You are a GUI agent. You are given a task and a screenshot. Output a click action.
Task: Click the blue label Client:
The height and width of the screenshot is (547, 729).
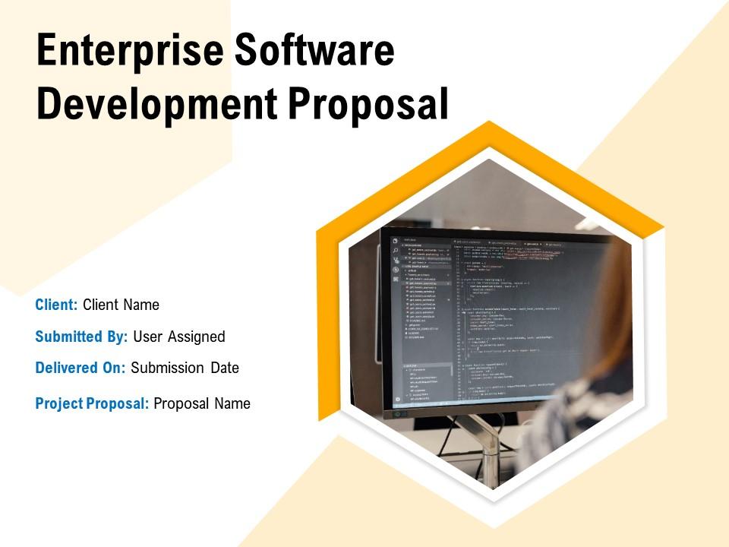click(57, 305)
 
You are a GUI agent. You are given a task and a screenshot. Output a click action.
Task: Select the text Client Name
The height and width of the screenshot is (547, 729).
click(121, 305)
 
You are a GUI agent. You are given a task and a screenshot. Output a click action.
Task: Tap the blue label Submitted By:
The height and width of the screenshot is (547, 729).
click(81, 337)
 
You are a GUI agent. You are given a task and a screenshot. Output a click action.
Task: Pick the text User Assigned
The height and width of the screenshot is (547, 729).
click(179, 337)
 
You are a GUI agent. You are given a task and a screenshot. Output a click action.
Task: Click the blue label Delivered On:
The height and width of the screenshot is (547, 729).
click(80, 368)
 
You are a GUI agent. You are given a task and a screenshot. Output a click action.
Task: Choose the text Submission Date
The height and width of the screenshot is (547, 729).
click(185, 368)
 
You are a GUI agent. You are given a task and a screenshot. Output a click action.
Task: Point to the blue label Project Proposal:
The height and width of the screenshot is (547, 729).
click(92, 404)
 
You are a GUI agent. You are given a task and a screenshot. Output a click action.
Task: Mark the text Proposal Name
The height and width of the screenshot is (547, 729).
click(202, 404)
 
